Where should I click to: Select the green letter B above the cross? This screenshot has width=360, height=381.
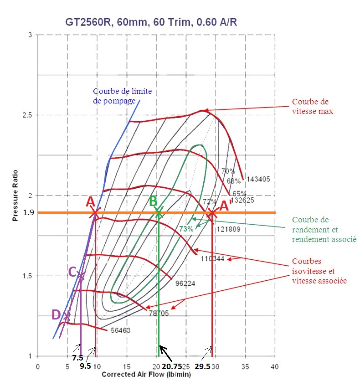pyautogui.click(x=154, y=201)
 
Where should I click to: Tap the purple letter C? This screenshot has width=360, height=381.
pyautogui.click(x=72, y=272)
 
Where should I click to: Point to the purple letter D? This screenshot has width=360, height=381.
pyautogui.click(x=56, y=314)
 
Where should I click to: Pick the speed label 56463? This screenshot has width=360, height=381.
pyautogui.click(x=121, y=330)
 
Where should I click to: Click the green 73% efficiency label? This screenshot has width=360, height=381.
pyautogui.click(x=186, y=229)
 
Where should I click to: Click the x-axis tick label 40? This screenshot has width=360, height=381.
pyautogui.click(x=274, y=366)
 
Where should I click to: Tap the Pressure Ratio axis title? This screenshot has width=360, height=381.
pyautogui.click(x=15, y=196)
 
